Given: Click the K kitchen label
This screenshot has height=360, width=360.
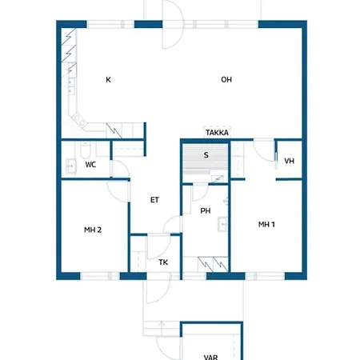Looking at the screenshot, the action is click(108, 79).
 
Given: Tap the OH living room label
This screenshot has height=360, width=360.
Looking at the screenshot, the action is click(226, 79).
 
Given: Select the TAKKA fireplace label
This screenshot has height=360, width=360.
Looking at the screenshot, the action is click(217, 133).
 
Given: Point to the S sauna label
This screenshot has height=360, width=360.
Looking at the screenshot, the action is click(206, 155).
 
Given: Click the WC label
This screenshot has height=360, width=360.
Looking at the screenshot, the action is click(90, 165).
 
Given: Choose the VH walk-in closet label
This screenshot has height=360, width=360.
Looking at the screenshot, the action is click(289, 161).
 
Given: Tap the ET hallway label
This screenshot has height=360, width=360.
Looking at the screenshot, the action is click(154, 200).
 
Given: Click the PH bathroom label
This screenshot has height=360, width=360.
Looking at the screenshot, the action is click(206, 211).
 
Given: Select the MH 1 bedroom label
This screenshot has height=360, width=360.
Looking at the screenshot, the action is click(266, 224).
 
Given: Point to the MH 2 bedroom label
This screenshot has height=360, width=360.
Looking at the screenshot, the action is click(93, 230).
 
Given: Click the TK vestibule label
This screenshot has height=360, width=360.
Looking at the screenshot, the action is click(163, 262).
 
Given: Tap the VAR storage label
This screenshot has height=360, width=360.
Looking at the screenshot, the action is click(210, 357).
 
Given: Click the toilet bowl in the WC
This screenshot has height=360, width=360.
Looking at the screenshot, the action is click(86, 150).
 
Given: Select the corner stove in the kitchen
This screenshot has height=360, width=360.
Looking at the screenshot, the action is click(79, 120).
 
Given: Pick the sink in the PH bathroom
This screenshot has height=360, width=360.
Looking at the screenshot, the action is click(222, 224).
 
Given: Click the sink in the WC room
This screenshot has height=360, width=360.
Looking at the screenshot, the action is click(71, 166).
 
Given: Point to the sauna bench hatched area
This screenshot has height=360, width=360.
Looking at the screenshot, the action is click(205, 159).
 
